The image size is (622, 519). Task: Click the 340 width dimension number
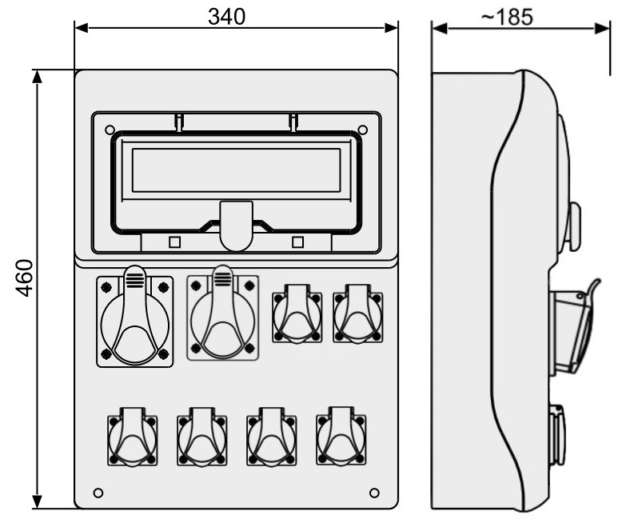[226, 17]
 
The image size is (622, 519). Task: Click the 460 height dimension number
[25, 278]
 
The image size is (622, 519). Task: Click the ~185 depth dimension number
[507, 18]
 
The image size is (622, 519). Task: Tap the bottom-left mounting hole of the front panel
[98, 493]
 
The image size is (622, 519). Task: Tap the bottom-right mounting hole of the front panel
[374, 493]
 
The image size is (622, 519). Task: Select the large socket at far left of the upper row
[135, 317]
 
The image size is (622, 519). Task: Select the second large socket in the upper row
[222, 313]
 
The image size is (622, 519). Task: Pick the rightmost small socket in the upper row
[358, 313]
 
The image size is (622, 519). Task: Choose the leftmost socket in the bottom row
[133, 437]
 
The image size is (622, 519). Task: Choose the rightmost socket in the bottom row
[341, 436]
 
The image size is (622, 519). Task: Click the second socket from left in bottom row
[202, 437]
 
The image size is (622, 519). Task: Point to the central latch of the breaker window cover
[237, 226]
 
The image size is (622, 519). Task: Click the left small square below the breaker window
[174, 242]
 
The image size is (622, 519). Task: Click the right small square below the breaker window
[297, 242]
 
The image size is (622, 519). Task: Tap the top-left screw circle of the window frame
[110, 130]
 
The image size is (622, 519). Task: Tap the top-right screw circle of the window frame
[363, 130]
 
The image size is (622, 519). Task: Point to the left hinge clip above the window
[179, 122]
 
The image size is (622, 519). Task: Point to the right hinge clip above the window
[293, 122]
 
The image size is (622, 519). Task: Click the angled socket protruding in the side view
[574, 329]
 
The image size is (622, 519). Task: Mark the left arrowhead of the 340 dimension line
[82, 28]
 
